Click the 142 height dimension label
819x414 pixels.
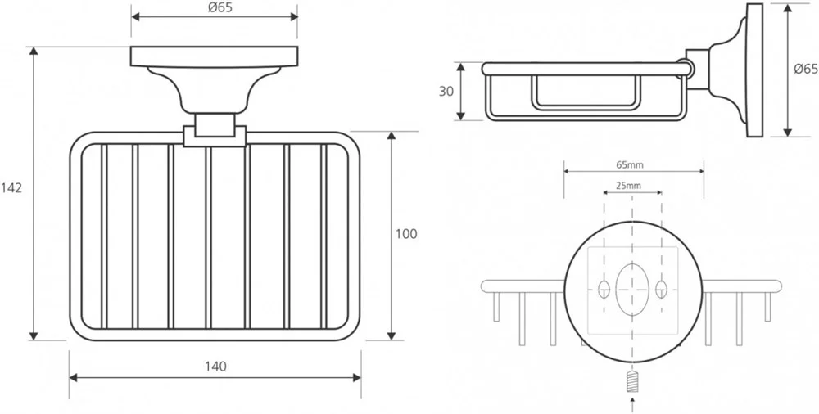click(x=11, y=187)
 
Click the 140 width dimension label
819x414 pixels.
click(x=215, y=366)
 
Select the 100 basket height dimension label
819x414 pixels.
click(x=406, y=234)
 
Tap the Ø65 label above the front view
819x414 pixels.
click(x=215, y=7)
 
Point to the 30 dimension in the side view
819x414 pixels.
click(x=446, y=91)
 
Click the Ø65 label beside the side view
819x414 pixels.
click(x=806, y=70)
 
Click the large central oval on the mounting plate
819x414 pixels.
click(x=631, y=288)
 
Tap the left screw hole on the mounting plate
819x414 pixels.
click(x=604, y=288)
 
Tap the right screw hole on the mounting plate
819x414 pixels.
click(x=660, y=288)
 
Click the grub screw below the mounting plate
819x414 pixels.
click(x=631, y=381)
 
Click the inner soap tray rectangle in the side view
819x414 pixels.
click(x=586, y=92)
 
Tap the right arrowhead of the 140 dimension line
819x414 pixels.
click(x=356, y=377)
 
